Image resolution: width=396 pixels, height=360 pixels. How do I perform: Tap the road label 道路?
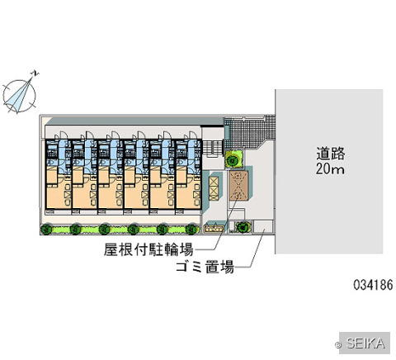click(x=330, y=154)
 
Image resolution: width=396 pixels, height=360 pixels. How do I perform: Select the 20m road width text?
click(x=330, y=168)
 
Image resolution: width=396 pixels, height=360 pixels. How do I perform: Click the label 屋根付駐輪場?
click(x=148, y=249)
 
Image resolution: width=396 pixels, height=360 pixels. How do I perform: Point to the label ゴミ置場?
click(x=205, y=267)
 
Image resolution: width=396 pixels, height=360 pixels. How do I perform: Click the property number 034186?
click(x=373, y=285)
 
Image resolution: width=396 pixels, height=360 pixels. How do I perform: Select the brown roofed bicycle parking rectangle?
click(x=238, y=185)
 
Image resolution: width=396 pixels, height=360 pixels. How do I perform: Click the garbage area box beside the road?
click(x=263, y=226)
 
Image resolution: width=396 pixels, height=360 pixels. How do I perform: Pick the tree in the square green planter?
click(x=233, y=159)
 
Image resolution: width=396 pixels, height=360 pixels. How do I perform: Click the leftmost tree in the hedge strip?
click(x=47, y=229)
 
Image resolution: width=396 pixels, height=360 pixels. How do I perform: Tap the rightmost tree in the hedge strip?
click(x=191, y=229)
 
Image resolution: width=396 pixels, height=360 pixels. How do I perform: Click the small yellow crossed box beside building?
click(x=214, y=188)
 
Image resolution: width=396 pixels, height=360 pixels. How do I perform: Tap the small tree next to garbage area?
click(x=243, y=227)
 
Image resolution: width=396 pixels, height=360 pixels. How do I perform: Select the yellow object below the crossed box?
click(x=214, y=228)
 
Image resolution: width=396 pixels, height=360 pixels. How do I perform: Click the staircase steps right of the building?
click(x=212, y=149)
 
